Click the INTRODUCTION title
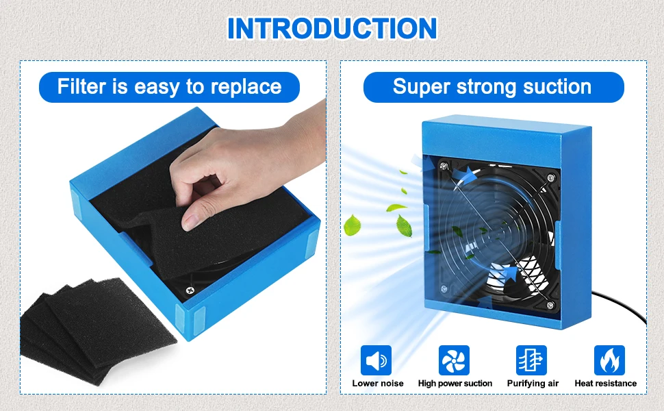[x=332, y=28]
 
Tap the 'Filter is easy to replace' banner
[x=169, y=87]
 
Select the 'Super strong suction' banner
[x=494, y=87]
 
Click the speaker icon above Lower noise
[x=376, y=360]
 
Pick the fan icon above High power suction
[x=454, y=360]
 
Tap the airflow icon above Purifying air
[x=531, y=360]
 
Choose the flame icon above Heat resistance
[x=609, y=360]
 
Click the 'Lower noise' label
[x=378, y=384]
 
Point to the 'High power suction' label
[x=455, y=384]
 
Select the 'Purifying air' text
[x=533, y=384]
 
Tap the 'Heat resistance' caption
[x=606, y=384]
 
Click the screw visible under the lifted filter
[x=190, y=290]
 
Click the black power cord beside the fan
[x=622, y=302]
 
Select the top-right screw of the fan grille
[x=551, y=178]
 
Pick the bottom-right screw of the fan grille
[x=550, y=305]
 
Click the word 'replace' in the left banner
[x=246, y=87]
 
